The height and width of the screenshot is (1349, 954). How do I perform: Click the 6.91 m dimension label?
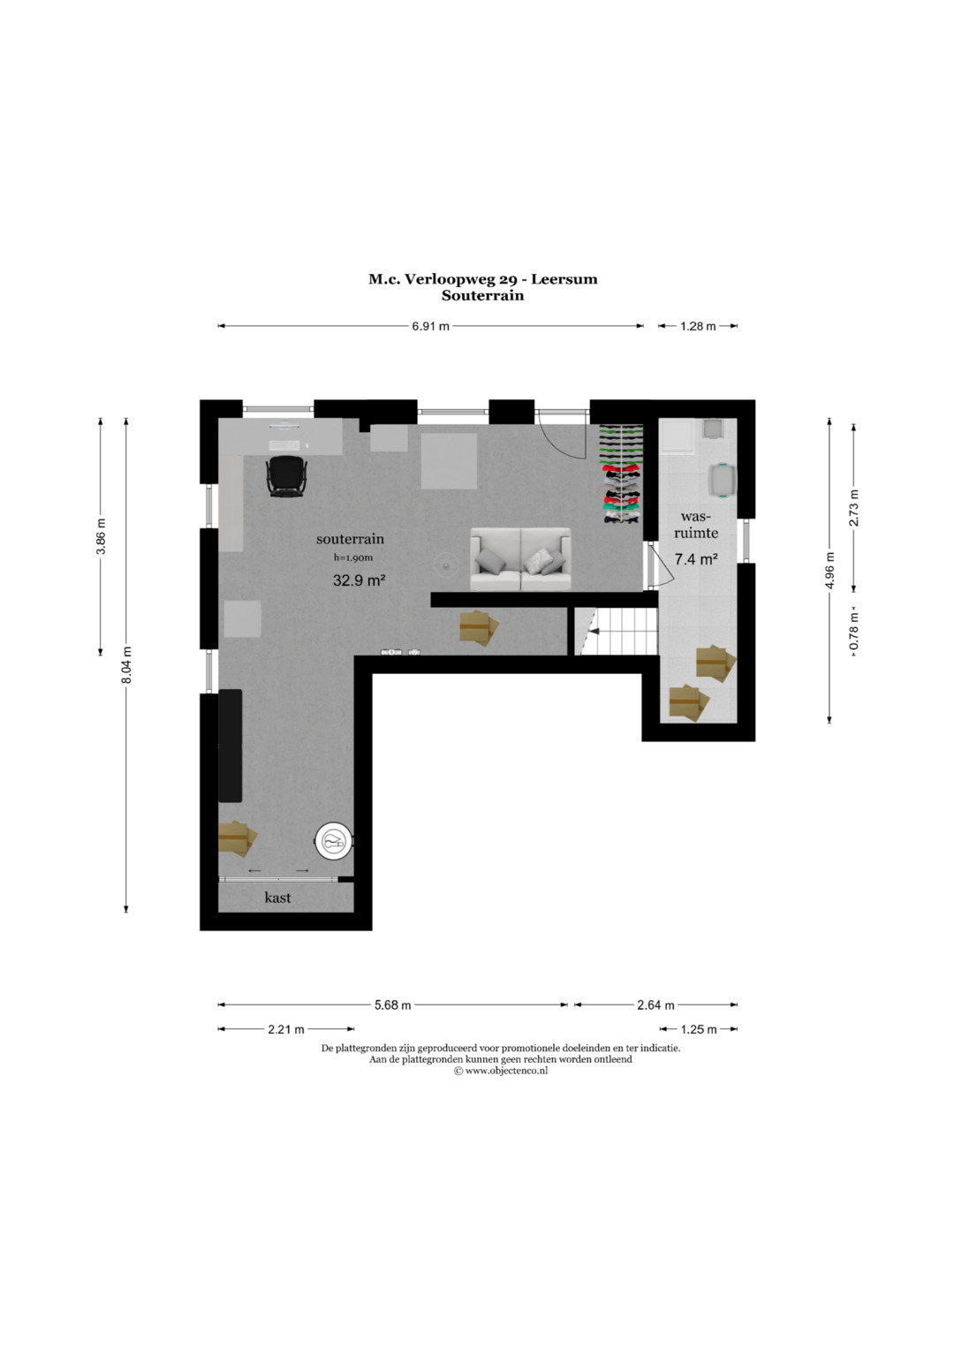click(x=430, y=326)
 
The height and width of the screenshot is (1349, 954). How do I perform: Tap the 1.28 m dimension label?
click(x=698, y=326)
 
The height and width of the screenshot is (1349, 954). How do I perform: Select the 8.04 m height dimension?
click(x=126, y=665)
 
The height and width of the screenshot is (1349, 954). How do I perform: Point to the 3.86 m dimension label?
click(x=101, y=536)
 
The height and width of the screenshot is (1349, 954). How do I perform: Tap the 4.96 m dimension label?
click(x=829, y=571)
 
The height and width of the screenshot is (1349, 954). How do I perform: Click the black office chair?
click(x=287, y=476)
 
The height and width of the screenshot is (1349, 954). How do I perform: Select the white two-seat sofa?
click(x=520, y=559)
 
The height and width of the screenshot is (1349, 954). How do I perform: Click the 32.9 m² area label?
click(x=359, y=580)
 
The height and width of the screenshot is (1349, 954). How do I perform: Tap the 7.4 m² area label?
click(x=696, y=559)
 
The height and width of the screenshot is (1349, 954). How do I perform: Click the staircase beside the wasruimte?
click(x=615, y=631)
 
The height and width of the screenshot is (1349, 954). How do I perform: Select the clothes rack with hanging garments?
click(x=621, y=475)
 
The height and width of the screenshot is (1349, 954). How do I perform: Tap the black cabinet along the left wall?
click(x=230, y=746)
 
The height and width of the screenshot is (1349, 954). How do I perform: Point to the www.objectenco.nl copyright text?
click(x=501, y=1071)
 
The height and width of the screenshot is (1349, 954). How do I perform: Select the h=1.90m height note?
click(x=353, y=557)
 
